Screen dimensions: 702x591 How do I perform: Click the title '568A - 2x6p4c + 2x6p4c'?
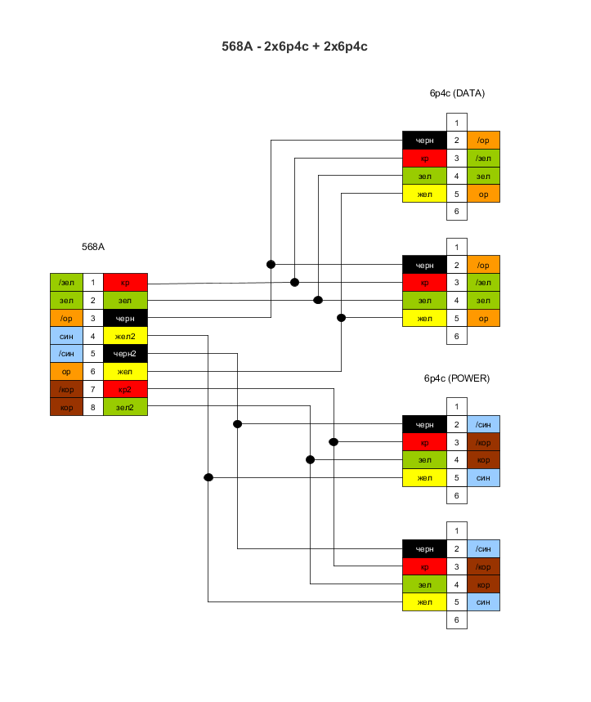click(x=295, y=47)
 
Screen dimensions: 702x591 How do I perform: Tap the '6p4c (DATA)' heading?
click(x=457, y=93)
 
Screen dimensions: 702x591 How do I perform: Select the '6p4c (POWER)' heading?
click(x=456, y=378)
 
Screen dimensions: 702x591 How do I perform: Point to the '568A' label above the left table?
click(x=93, y=246)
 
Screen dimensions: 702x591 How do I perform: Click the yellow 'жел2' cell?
click(x=125, y=336)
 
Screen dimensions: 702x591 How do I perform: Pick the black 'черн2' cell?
click(x=125, y=354)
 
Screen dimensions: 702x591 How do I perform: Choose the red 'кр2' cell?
click(x=125, y=389)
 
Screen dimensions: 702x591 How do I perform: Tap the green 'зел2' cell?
click(x=125, y=407)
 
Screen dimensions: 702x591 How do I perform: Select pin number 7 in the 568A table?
click(x=93, y=389)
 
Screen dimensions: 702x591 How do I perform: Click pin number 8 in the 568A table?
click(x=93, y=407)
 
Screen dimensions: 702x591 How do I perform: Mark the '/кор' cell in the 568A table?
click(x=66, y=389)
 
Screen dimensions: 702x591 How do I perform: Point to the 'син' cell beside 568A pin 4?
click(x=66, y=336)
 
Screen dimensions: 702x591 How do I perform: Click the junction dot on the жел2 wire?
click(x=208, y=477)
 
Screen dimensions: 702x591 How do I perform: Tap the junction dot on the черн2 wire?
click(x=237, y=424)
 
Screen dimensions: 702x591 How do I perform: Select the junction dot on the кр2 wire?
click(x=334, y=442)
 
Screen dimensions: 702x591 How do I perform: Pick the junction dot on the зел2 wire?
click(x=310, y=460)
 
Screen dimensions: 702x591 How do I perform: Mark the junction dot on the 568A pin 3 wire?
click(x=271, y=264)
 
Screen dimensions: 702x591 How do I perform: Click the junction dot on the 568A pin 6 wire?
click(x=341, y=318)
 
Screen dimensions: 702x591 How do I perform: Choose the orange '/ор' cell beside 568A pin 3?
click(x=66, y=318)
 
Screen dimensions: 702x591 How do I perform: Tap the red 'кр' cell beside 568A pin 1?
click(x=125, y=283)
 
